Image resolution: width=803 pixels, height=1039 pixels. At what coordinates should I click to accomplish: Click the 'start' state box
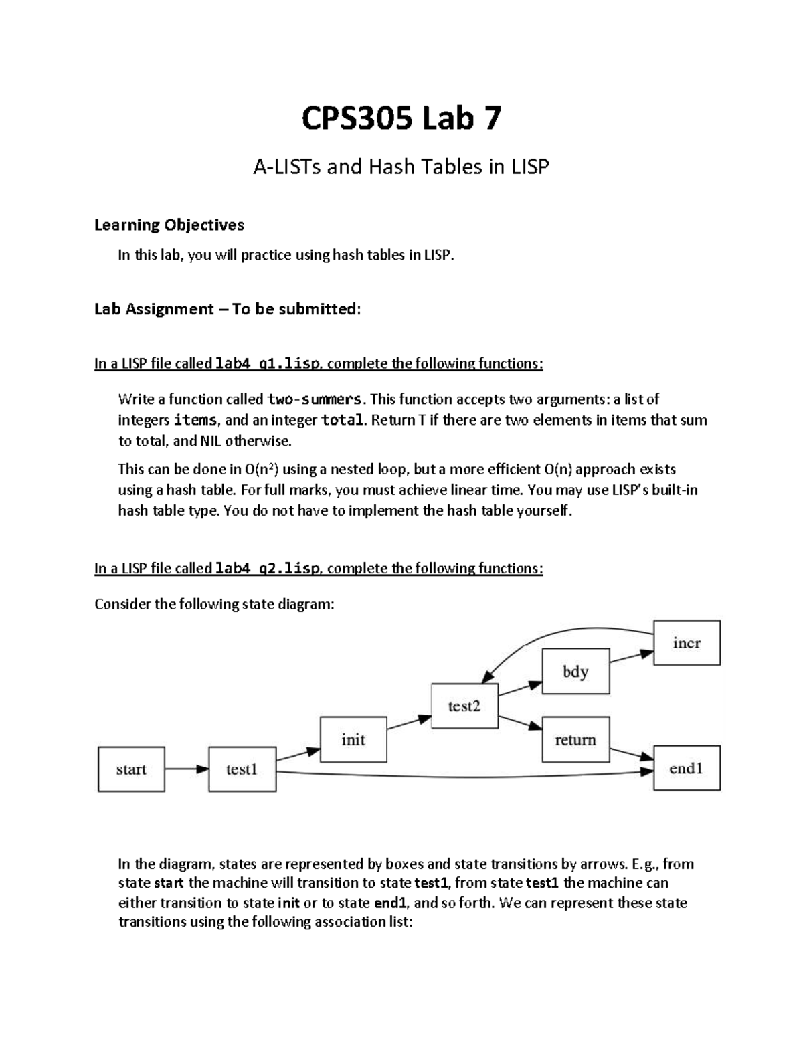point(131,769)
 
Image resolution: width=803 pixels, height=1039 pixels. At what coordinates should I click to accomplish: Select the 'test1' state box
point(242,769)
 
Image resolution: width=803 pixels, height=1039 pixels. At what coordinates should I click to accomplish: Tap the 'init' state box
point(353,739)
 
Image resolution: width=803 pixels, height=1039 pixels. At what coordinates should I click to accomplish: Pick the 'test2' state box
point(464,706)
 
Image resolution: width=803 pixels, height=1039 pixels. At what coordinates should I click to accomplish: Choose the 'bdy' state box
point(575,671)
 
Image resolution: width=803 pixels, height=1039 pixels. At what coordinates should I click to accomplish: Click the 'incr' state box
point(687,642)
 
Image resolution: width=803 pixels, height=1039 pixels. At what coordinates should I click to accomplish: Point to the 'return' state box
point(575,739)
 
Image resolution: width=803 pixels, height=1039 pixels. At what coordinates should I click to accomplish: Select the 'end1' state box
point(687,769)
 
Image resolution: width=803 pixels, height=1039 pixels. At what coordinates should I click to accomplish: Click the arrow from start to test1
point(187,769)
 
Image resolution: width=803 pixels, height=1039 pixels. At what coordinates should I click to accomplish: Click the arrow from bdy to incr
point(631,657)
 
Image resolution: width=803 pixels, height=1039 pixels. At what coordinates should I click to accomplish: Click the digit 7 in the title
point(492,119)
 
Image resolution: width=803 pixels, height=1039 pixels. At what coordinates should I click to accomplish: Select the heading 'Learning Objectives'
point(169,225)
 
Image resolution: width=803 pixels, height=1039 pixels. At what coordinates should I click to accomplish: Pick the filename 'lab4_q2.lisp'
point(267,569)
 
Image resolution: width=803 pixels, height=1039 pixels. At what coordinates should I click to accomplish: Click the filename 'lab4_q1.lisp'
point(267,364)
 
